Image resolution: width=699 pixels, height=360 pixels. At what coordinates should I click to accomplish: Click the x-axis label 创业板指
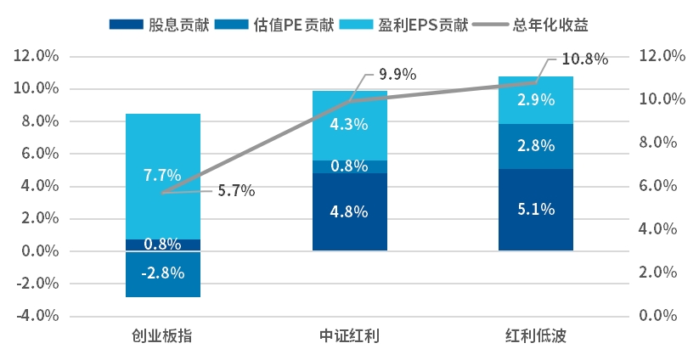[162, 336]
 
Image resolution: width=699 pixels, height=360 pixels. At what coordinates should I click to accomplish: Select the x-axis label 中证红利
[349, 336]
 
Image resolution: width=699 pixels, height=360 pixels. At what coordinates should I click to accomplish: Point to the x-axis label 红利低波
[535, 336]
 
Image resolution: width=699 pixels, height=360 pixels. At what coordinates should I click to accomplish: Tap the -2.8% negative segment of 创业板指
[162, 274]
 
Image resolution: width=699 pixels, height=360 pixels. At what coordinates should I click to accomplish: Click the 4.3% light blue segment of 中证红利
[349, 125]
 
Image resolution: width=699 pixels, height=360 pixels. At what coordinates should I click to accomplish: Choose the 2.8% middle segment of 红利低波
[535, 146]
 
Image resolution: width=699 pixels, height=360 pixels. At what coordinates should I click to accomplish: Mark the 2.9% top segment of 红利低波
[535, 100]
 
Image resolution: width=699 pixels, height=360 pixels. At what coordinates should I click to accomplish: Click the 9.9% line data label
[397, 74]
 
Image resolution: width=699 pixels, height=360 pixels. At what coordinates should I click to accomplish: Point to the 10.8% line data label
[585, 59]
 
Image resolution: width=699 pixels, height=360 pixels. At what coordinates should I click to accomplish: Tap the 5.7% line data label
[236, 191]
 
